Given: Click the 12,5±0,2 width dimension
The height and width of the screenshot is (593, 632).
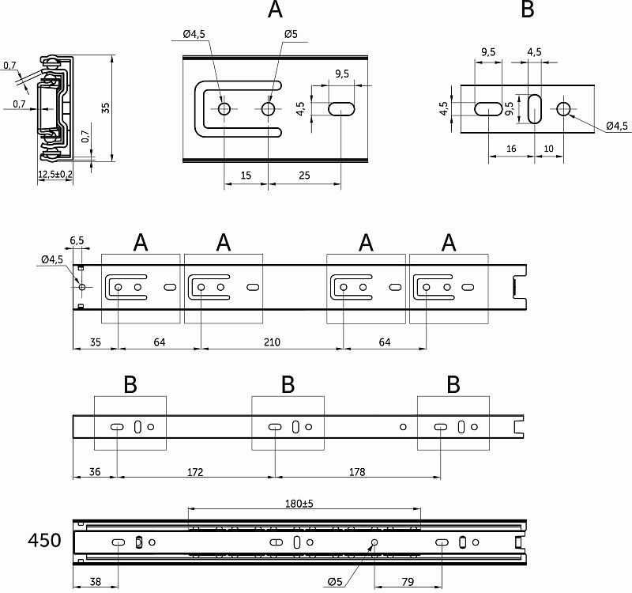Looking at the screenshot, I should coord(55,174).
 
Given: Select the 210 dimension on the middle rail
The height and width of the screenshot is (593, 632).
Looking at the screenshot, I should coord(272,342).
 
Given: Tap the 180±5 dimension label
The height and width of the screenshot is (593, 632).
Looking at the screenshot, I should coord(304,503).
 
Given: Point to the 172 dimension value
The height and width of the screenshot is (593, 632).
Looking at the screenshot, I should coord(195,472).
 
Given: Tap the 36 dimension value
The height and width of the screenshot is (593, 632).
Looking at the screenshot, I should coord(94,472).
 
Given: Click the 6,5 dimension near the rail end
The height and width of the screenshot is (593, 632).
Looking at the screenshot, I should coord(77,240).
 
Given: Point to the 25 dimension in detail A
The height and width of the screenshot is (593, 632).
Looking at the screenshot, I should coord(304,176).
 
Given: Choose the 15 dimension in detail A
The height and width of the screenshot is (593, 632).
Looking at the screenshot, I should coord(246,176).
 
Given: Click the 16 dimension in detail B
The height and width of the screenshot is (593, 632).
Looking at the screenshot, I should coord(510,149).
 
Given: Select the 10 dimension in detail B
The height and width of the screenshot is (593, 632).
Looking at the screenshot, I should coord(548,149).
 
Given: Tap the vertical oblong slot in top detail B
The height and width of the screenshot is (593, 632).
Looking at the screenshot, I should coord(534,108).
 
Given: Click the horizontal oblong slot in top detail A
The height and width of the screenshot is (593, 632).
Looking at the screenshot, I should coord(341,108).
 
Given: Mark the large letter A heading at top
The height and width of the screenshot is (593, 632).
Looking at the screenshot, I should coord(274,10).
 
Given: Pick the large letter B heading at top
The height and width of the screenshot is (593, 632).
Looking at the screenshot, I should coord(529,10).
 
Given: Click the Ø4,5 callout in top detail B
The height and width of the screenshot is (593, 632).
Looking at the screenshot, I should coord(616,126).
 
